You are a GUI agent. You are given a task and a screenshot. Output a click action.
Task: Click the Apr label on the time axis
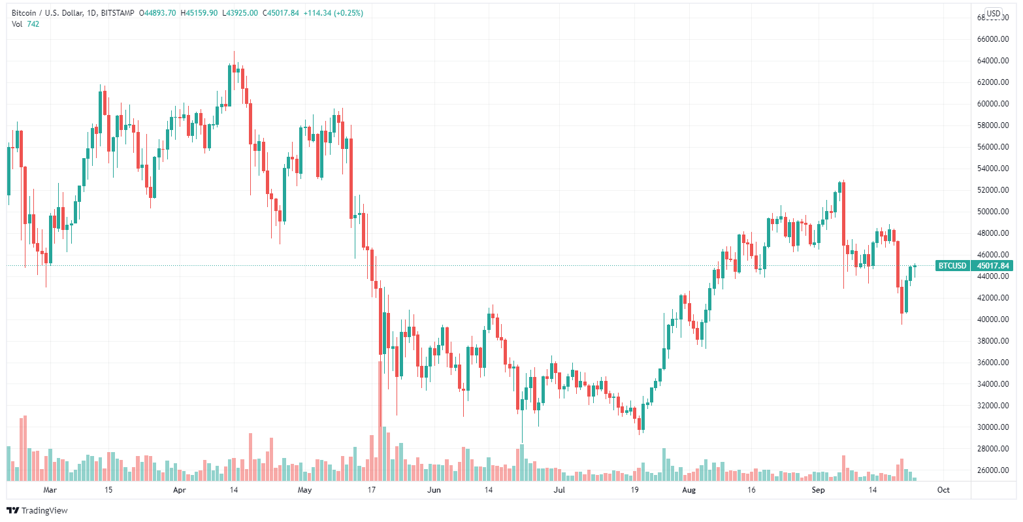(x=180, y=489)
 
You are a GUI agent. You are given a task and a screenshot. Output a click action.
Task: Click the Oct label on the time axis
(x=943, y=489)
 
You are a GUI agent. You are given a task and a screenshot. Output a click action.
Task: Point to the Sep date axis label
(x=820, y=489)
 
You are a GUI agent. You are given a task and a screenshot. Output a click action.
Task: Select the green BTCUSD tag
(x=952, y=266)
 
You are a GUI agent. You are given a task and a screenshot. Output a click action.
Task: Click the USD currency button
(x=994, y=13)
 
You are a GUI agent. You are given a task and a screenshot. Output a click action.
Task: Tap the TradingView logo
(x=37, y=510)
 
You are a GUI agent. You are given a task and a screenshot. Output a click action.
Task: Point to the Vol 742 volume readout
(x=25, y=24)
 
